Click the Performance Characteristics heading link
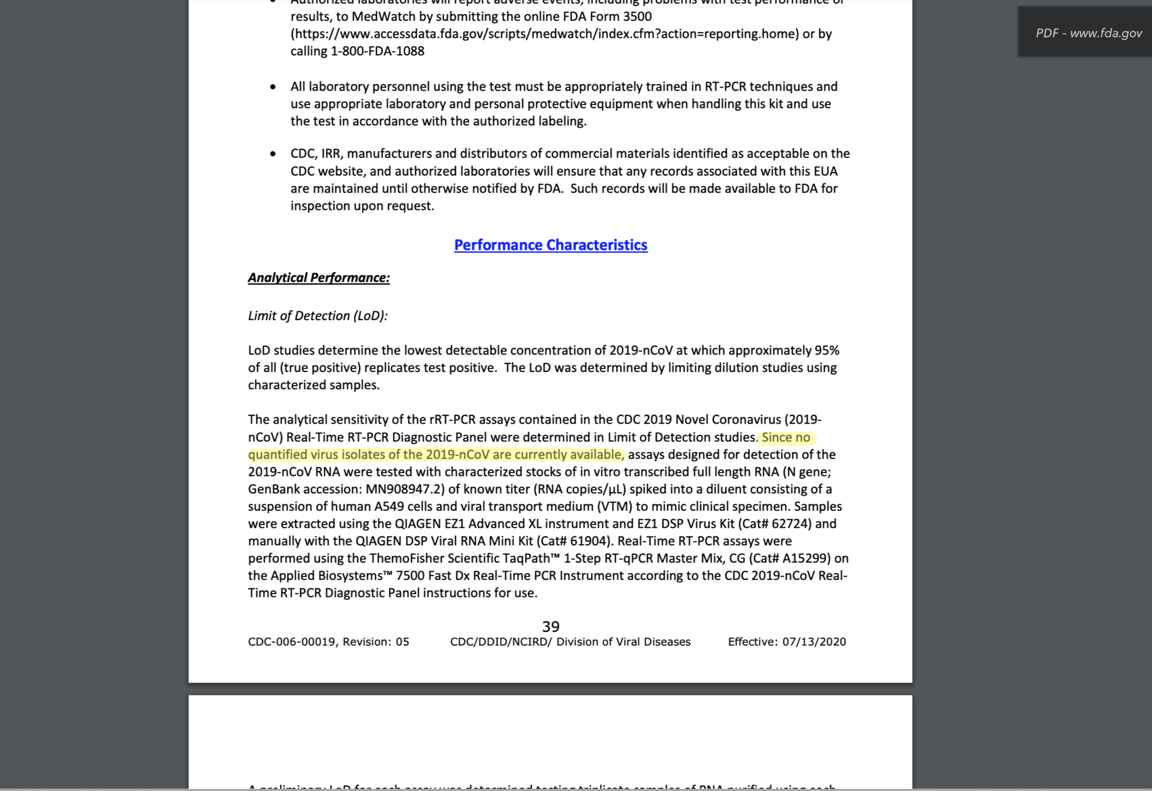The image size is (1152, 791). [x=551, y=245]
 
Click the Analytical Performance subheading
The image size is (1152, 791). [x=318, y=278]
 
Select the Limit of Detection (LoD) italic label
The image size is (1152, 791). [x=318, y=316]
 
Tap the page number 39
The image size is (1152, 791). [x=551, y=627]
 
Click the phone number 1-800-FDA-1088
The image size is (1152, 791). [x=377, y=51]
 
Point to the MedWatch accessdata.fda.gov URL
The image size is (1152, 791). [x=544, y=34]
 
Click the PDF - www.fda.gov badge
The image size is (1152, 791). [x=1088, y=33]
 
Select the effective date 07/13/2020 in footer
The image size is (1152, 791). [x=814, y=642]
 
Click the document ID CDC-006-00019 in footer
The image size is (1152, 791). [x=291, y=642]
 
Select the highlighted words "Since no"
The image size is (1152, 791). [x=786, y=438]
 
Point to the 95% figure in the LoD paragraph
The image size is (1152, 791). [x=827, y=350]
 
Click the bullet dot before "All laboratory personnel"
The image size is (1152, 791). [x=273, y=87]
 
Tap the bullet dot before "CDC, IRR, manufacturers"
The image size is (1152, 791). [x=273, y=154]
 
